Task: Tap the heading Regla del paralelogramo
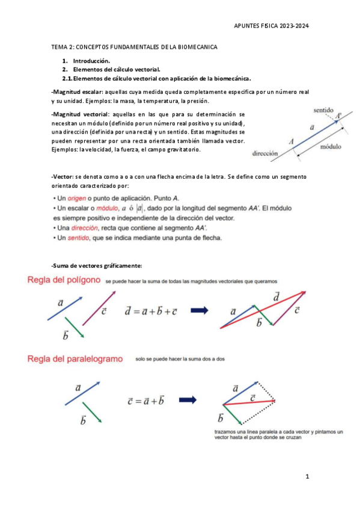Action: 74,359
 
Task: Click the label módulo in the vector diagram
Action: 331,147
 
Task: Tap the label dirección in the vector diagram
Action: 265,153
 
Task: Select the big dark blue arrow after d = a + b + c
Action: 200,310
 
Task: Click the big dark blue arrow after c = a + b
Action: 188,400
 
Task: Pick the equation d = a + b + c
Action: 151,311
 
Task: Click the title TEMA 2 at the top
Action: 66,46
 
